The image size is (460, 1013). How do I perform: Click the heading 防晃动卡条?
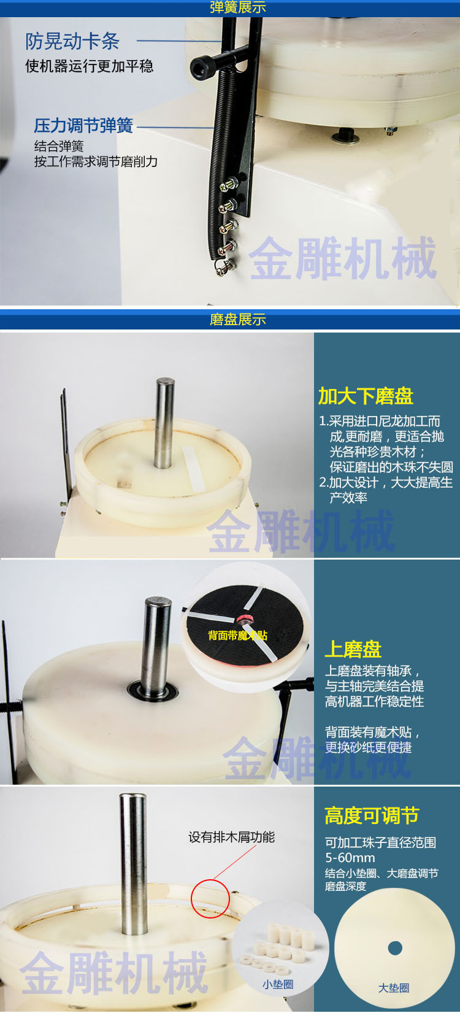[72, 41]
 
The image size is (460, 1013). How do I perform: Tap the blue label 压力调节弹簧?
[83, 126]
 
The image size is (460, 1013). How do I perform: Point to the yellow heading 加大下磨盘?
[366, 396]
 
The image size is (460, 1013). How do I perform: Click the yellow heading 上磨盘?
[353, 649]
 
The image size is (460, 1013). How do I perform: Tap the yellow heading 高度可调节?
[371, 816]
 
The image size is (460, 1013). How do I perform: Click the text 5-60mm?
[350, 858]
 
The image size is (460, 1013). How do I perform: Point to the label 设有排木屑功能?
[231, 838]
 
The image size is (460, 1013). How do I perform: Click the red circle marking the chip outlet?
[210, 898]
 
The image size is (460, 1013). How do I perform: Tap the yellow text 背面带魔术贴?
[237, 635]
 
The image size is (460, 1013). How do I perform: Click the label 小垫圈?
[278, 984]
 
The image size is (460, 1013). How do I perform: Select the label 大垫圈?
[393, 988]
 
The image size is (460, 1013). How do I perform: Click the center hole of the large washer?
[395, 948]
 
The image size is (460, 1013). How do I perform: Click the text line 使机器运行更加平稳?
[90, 66]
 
